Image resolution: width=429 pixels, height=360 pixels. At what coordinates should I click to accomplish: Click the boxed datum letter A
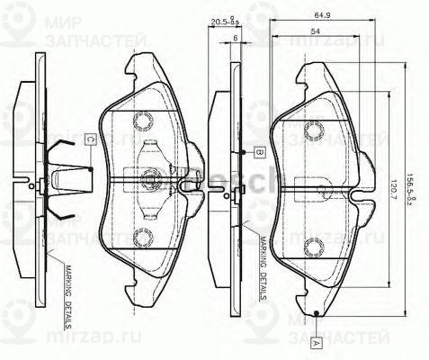click(x=317, y=343)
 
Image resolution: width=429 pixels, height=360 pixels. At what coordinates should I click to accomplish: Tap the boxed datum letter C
click(x=92, y=139)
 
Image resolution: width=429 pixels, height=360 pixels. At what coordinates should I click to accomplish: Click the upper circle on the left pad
click(x=143, y=121)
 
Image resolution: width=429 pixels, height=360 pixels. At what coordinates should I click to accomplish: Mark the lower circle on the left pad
click(x=143, y=238)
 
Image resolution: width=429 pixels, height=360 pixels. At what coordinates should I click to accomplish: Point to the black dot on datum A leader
click(x=317, y=314)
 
